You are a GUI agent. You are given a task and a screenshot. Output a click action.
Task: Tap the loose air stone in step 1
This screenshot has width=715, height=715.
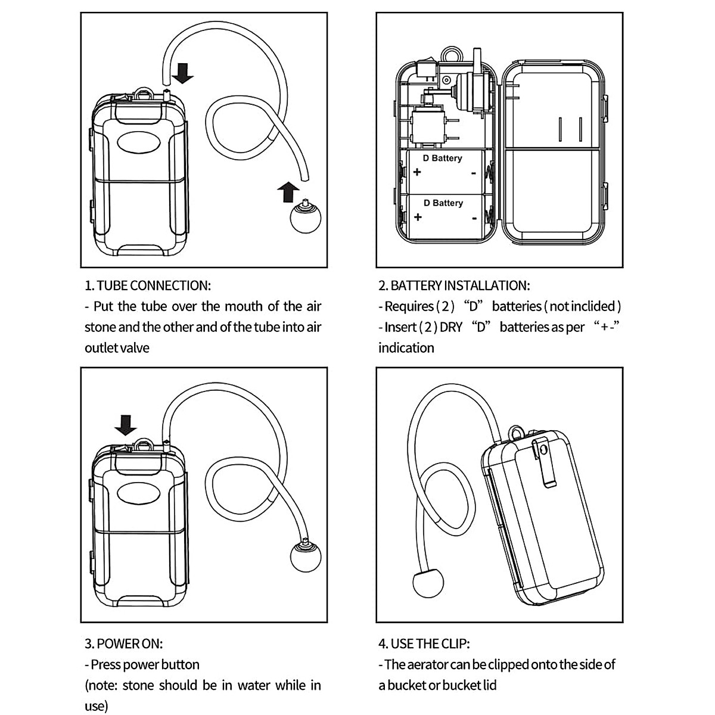click(305, 218)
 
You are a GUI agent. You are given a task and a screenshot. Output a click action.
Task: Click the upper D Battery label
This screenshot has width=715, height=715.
click(442, 158)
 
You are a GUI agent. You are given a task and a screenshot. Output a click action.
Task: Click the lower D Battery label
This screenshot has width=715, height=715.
click(443, 203)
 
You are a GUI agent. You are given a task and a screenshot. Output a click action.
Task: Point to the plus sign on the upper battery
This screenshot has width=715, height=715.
click(417, 173)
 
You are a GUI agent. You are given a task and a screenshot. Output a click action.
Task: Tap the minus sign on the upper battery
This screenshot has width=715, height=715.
click(473, 173)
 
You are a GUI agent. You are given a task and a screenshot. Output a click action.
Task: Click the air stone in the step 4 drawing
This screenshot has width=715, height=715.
click(428, 582)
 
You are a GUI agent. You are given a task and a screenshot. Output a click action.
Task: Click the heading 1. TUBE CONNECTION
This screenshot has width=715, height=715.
click(147, 285)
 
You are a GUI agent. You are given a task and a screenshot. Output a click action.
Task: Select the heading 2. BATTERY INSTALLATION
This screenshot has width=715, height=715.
click(453, 285)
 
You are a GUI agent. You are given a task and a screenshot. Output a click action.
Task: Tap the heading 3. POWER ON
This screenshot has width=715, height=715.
click(123, 643)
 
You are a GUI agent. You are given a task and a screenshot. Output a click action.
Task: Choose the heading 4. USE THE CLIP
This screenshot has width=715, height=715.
click(424, 643)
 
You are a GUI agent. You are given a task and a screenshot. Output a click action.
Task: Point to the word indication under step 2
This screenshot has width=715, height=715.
click(406, 347)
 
